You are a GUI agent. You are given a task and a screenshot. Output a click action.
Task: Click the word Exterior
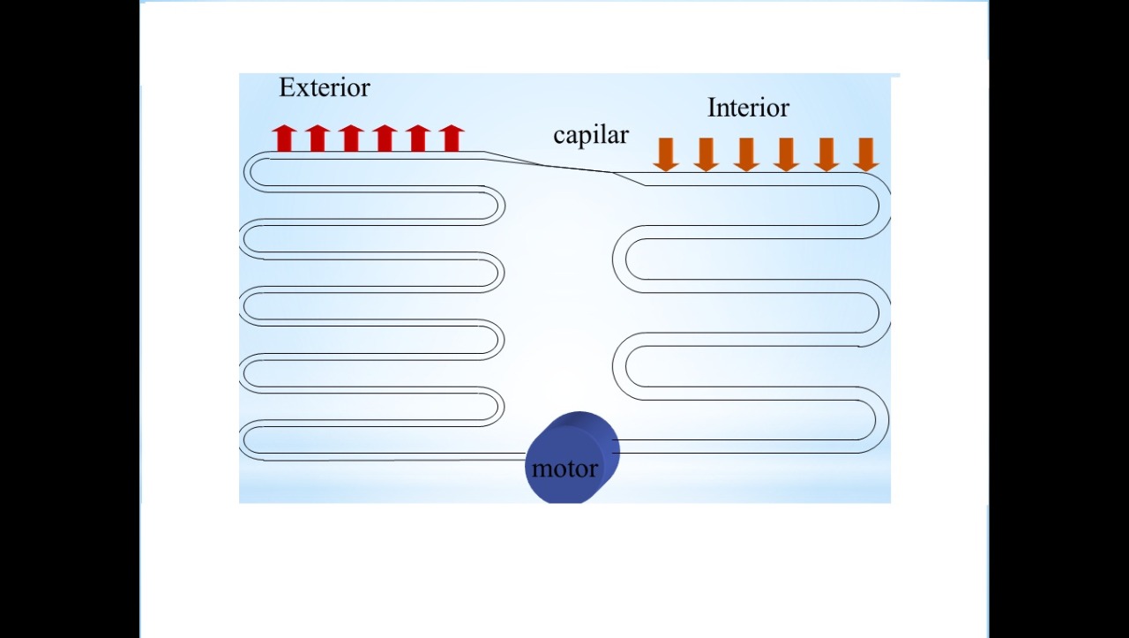(325, 87)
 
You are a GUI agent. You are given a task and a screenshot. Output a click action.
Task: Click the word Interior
(748, 108)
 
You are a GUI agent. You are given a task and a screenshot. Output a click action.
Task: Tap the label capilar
(591, 135)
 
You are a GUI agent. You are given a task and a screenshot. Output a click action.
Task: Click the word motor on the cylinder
(564, 469)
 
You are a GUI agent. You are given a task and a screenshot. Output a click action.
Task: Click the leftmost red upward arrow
(283, 139)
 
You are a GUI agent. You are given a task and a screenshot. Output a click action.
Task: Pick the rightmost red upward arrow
(452, 139)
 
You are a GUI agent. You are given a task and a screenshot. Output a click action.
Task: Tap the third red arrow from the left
(351, 139)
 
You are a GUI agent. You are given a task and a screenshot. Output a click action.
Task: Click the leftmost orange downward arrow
(666, 154)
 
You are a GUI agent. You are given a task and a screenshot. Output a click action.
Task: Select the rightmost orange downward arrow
(866, 154)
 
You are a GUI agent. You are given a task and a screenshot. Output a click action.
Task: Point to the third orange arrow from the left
(746, 154)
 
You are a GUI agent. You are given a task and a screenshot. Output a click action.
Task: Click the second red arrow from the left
(318, 139)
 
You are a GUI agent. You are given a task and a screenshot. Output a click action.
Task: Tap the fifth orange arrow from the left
(826, 154)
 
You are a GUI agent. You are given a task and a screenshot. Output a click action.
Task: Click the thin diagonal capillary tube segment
(564, 167)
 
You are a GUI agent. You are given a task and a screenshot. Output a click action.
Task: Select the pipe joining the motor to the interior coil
(750, 446)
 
